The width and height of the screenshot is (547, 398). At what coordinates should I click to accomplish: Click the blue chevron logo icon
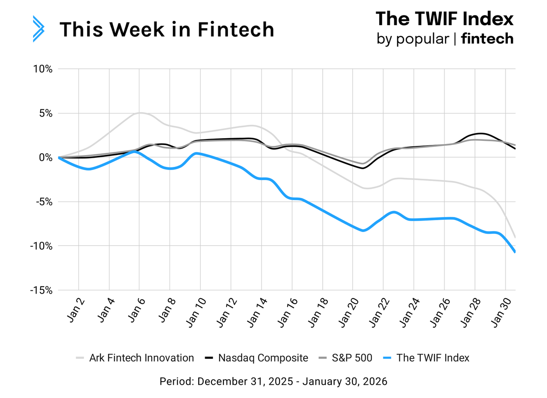pos(38,29)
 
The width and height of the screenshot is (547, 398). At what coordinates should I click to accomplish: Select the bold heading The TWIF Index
pos(444,19)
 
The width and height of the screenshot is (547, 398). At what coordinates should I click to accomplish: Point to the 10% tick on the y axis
pos(43,69)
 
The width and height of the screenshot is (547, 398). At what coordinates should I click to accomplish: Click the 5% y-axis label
pos(45,114)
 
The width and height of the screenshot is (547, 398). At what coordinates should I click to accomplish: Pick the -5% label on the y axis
pos(44,202)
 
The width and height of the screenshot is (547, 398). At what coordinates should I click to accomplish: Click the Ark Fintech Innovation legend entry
pos(135,358)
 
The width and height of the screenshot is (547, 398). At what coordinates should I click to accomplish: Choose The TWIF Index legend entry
pos(426,358)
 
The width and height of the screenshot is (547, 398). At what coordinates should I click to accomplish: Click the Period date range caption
pos(273,381)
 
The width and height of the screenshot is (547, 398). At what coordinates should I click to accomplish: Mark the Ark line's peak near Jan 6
pos(140,113)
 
